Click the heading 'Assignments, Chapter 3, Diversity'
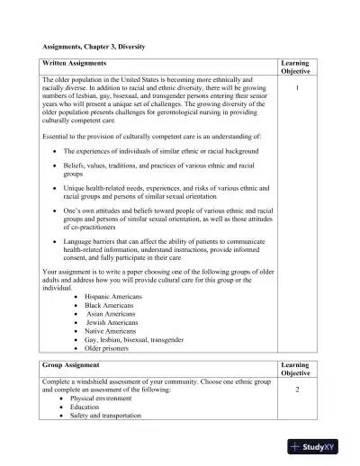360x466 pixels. [x=94, y=46]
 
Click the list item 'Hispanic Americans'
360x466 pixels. [x=113, y=295]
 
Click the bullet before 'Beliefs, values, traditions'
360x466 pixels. [x=57, y=166]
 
